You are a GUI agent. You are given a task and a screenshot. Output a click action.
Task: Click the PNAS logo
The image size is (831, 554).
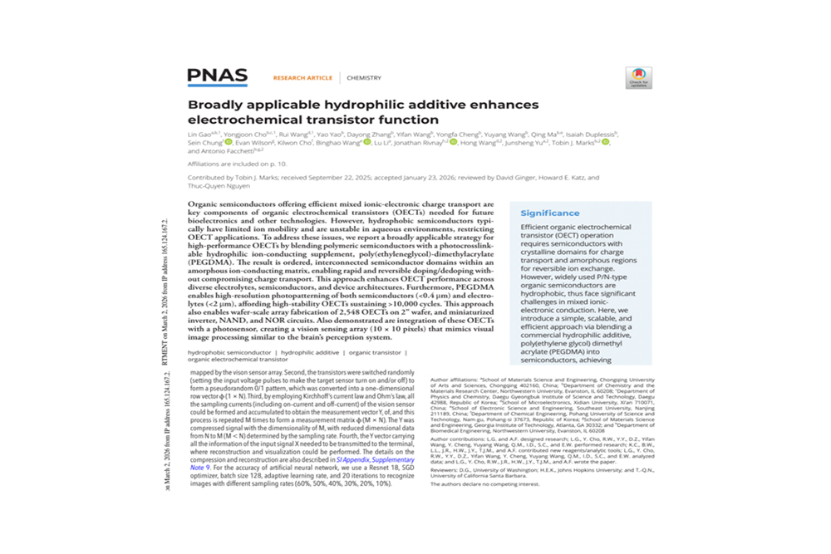217,77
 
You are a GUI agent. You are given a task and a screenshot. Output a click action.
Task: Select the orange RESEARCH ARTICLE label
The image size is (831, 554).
302,78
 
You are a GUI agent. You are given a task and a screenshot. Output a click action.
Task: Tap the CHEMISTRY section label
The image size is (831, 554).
364,78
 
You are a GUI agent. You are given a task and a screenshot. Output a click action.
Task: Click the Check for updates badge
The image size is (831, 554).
638,78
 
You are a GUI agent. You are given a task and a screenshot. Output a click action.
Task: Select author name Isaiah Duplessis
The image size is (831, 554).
595,134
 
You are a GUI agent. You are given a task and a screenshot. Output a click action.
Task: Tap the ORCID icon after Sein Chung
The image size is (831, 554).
229,143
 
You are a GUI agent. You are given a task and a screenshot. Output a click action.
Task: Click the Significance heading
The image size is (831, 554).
550,213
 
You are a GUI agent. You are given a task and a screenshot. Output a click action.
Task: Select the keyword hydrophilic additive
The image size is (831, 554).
310,352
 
